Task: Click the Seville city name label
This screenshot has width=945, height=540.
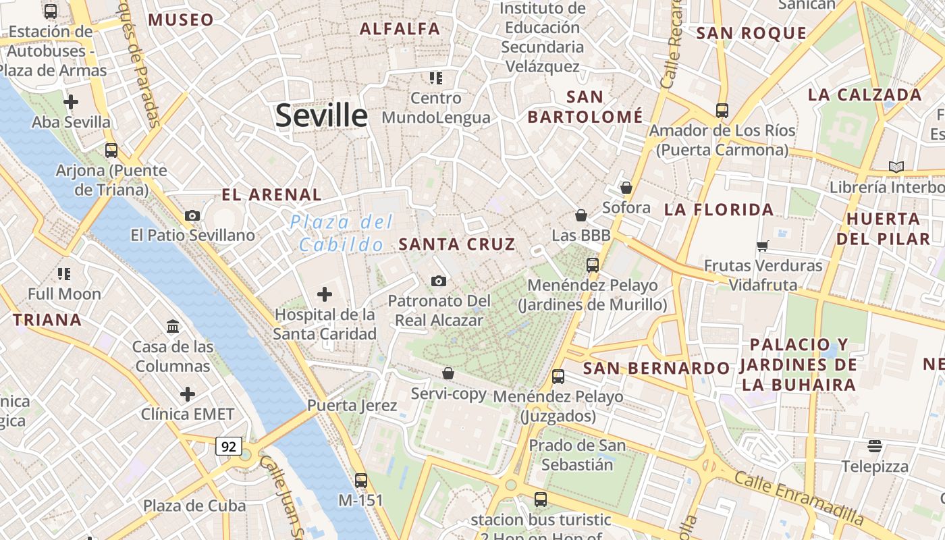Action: coord(321,116)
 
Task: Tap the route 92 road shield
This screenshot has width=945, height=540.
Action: coord(229,446)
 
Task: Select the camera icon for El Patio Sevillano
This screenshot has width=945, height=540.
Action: coord(192,215)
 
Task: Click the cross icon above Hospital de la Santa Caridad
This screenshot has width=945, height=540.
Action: coord(325,294)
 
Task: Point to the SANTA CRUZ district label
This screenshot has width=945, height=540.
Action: coord(457,244)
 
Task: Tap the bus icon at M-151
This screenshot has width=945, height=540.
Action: coord(361,480)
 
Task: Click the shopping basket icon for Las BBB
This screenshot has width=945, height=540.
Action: coord(580,215)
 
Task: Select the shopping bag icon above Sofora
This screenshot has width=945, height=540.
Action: coord(626,187)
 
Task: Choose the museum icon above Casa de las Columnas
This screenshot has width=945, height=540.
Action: coord(173,327)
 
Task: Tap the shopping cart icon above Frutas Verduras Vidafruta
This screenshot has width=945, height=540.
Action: coord(763,246)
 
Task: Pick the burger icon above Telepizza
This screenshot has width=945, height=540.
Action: coord(875,446)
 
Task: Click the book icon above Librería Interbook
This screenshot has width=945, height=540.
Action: coord(896,167)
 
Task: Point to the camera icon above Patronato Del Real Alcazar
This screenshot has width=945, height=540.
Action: coord(439,281)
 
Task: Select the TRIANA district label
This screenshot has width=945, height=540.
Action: coord(47,320)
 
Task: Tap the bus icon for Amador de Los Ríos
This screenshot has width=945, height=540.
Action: coord(722,110)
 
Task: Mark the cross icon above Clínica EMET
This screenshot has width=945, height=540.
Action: coord(188,394)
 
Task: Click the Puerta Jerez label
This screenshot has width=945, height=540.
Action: coord(352,406)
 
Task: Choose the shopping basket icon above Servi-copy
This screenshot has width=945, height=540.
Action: coord(448,373)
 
